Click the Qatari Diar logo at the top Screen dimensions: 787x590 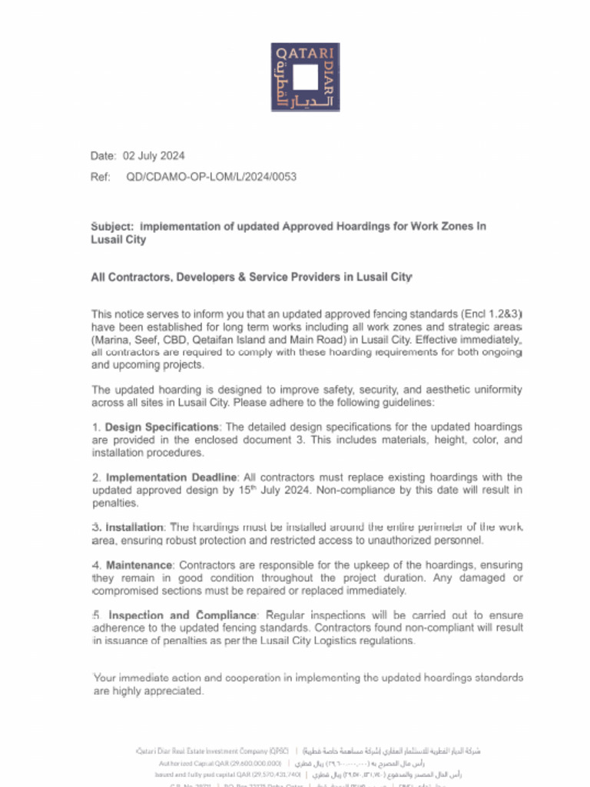pos(305,77)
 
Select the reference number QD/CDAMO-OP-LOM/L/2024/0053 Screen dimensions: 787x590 pos(211,177)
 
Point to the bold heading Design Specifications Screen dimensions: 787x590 pos(162,427)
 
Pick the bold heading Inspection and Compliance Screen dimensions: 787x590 pos(183,616)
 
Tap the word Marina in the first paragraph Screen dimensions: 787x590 pos(111,340)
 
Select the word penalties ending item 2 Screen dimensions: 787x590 pos(114,503)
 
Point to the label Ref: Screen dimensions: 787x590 pos(101,177)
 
